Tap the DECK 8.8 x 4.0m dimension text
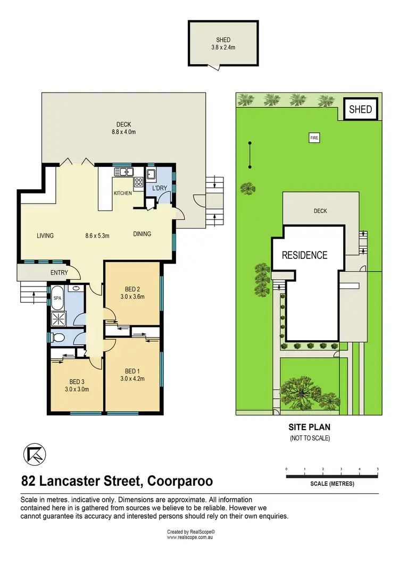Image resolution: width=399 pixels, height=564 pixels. coord(123,128)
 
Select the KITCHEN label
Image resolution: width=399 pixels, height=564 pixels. coord(122,193)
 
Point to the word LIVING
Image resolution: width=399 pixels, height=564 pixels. coord(45,235)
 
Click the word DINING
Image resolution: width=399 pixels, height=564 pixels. coord(142,234)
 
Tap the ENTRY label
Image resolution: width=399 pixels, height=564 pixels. coord(59,273)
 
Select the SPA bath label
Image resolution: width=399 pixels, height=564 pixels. coord(57,299)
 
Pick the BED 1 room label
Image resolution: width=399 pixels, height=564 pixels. coord(131,375)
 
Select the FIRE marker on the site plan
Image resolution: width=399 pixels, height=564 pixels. coord(313,138)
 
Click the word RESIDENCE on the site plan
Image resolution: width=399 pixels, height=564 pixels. coord(304,255)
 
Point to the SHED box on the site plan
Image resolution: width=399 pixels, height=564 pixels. coord(360,110)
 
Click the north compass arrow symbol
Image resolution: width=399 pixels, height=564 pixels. coord(35,453)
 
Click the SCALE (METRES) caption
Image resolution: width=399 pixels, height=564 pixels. coord(331,484)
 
